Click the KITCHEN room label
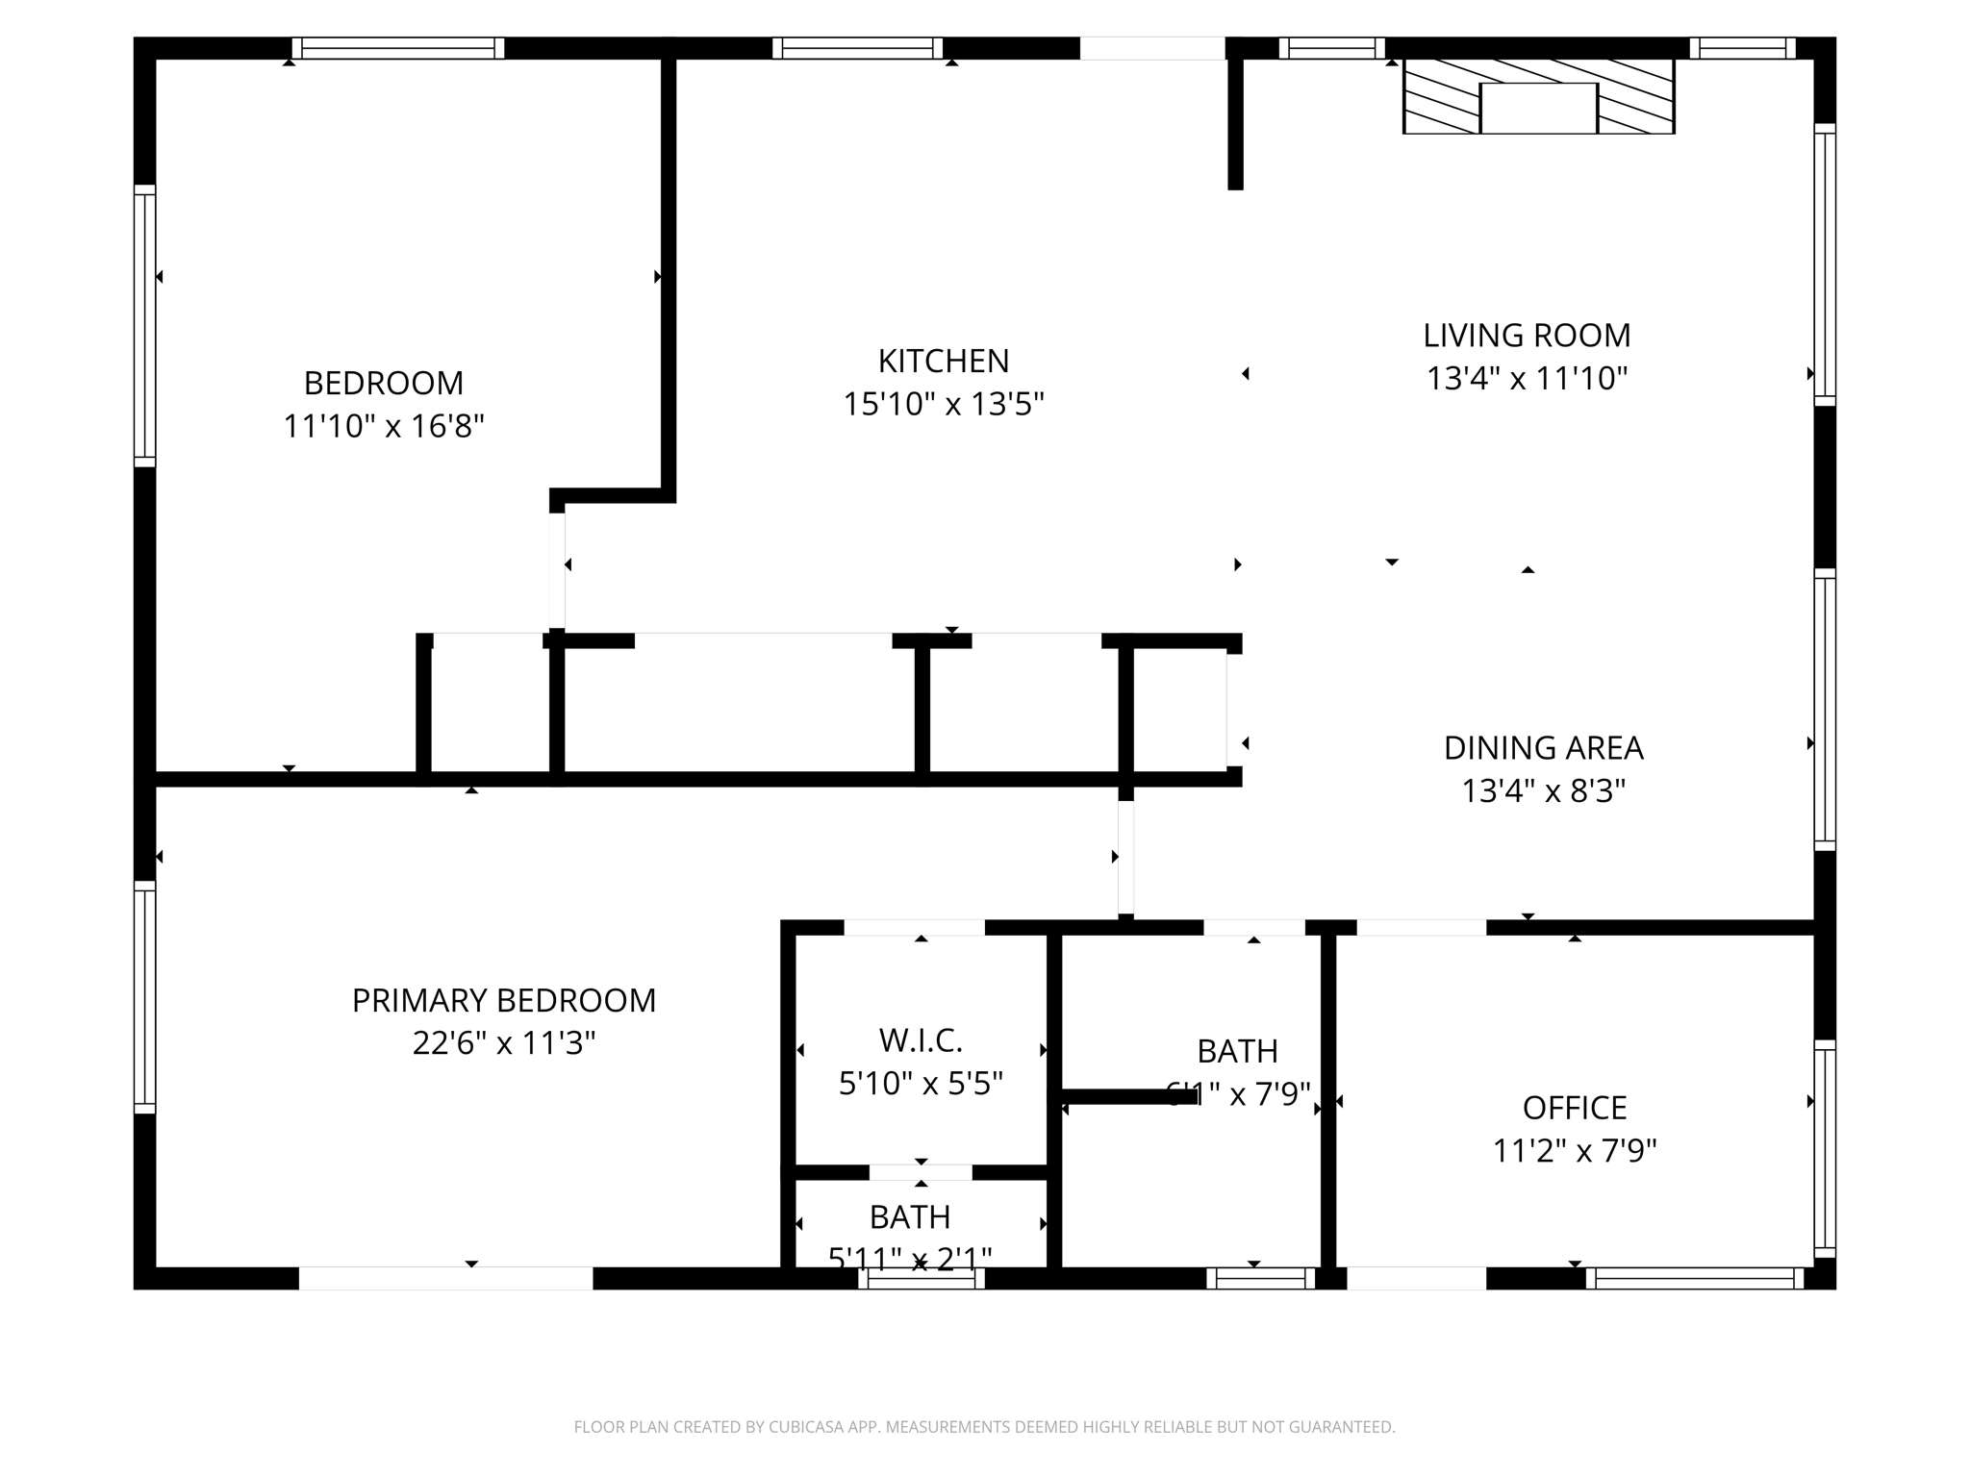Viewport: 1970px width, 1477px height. click(943, 362)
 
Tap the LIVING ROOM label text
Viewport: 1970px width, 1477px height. click(1527, 336)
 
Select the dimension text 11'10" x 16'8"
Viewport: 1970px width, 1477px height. click(383, 426)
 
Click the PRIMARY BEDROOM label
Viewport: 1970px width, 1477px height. click(503, 1001)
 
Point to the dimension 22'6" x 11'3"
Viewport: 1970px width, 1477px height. click(503, 1043)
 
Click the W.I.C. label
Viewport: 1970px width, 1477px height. click(921, 1040)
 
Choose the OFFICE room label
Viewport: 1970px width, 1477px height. click(1574, 1109)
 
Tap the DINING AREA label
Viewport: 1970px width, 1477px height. click(1543, 748)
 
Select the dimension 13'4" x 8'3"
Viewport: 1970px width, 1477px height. click(1543, 791)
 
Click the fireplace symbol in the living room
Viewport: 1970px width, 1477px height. click(1538, 97)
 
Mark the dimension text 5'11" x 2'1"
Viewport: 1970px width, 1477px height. click(910, 1257)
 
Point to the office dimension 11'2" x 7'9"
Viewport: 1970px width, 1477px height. click(1574, 1151)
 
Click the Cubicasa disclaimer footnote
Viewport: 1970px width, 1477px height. click(984, 1427)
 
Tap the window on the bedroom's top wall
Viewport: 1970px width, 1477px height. click(398, 48)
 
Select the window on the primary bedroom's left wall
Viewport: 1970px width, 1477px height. click(144, 996)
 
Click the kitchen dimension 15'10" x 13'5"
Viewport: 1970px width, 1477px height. click(943, 405)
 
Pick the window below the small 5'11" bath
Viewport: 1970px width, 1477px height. click(921, 1278)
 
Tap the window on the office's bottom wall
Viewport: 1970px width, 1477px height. click(1694, 1278)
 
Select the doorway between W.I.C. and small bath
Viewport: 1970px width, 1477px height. click(921, 1172)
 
